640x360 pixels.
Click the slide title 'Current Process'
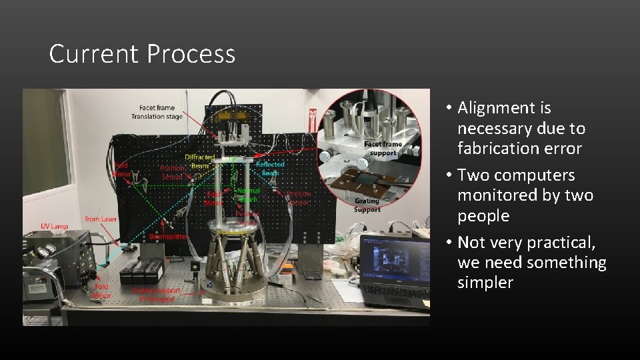142,54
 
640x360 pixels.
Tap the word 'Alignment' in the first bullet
504,108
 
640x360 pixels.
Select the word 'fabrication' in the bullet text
497,149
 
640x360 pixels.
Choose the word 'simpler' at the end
485,283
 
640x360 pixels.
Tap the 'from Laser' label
101,219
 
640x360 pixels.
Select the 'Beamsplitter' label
169,237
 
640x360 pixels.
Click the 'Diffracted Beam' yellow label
199,161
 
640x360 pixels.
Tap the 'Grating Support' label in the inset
367,205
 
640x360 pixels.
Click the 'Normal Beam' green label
249,195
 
